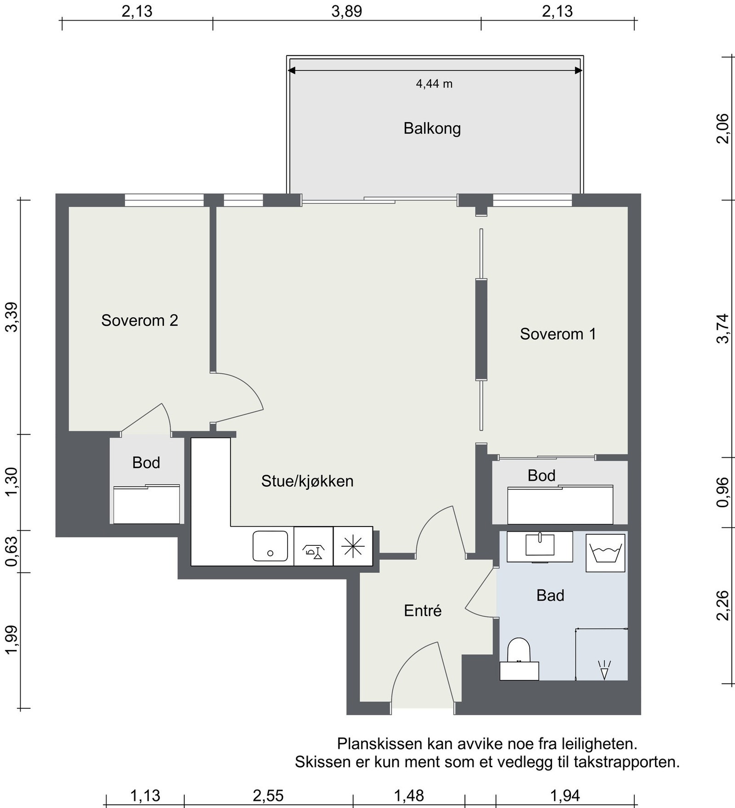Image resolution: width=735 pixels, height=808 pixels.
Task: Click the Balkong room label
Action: click(432, 128)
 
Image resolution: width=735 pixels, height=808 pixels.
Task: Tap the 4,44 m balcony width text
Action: click(434, 84)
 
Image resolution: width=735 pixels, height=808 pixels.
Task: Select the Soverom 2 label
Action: click(140, 320)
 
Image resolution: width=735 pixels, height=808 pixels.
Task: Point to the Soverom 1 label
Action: click(558, 334)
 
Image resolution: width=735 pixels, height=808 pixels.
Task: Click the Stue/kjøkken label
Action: click(307, 481)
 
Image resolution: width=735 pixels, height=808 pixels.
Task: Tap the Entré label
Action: click(423, 611)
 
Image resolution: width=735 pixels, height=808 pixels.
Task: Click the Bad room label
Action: click(550, 595)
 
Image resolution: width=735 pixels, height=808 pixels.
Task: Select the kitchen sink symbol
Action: click(270, 546)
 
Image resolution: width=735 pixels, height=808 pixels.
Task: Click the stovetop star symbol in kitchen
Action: click(353, 546)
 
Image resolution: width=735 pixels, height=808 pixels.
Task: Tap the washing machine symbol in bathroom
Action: click(605, 552)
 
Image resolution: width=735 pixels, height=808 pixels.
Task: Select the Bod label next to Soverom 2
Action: click(146, 462)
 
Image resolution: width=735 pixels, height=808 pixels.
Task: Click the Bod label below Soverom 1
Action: click(541, 475)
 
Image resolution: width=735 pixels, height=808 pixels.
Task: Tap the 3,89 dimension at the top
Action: click(347, 11)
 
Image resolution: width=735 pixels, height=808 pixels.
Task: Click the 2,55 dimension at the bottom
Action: click(268, 795)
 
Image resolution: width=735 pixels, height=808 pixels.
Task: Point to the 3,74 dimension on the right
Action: click(723, 328)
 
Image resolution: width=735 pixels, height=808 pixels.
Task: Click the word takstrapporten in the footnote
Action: click(627, 762)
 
